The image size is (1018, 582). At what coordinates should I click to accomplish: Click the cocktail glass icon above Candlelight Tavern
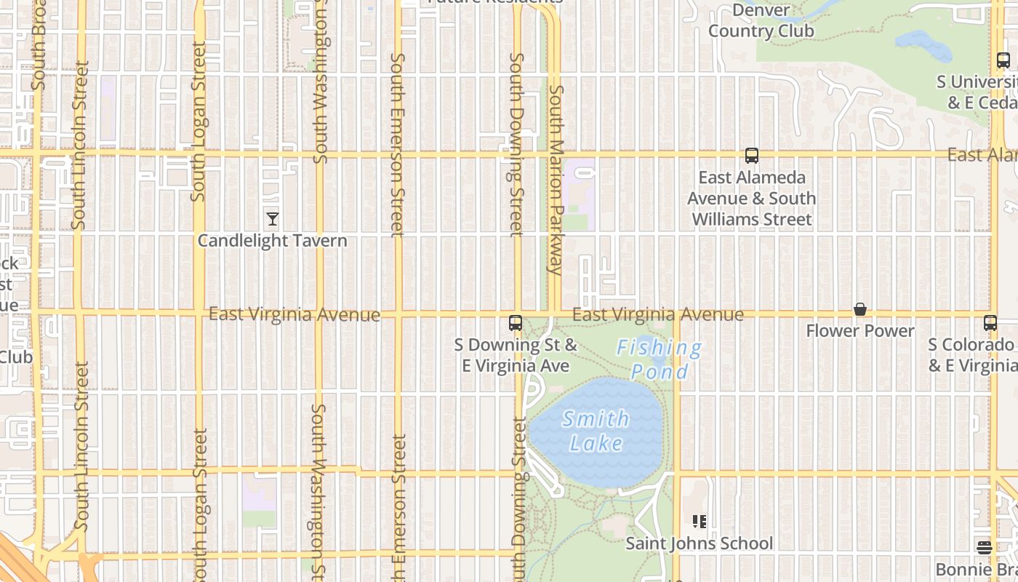click(273, 219)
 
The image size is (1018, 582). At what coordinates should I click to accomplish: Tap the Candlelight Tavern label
click(273, 241)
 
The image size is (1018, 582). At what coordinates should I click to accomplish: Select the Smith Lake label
click(596, 431)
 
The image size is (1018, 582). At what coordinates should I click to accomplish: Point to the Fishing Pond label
click(660, 359)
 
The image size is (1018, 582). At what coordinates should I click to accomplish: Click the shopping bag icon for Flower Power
click(860, 310)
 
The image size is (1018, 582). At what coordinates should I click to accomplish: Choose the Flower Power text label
click(860, 331)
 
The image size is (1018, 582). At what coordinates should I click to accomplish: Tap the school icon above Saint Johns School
click(700, 522)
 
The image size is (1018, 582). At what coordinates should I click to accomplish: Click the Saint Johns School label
click(700, 543)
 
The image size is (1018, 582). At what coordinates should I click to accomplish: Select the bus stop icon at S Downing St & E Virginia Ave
click(516, 323)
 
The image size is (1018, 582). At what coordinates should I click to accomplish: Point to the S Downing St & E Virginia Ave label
click(516, 355)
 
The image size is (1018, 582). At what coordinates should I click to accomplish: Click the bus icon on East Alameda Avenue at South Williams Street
click(752, 156)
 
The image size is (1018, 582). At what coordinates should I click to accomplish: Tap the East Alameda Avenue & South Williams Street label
click(752, 199)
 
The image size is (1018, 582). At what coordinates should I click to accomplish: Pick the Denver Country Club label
click(761, 21)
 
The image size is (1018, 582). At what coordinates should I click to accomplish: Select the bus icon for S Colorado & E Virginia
click(990, 323)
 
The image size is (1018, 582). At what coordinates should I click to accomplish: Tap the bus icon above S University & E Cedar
click(1003, 61)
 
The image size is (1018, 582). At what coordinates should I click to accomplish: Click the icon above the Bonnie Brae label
click(985, 548)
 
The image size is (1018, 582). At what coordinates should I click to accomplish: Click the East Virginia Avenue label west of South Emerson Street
click(294, 314)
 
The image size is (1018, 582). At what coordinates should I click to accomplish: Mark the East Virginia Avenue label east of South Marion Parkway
click(658, 314)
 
